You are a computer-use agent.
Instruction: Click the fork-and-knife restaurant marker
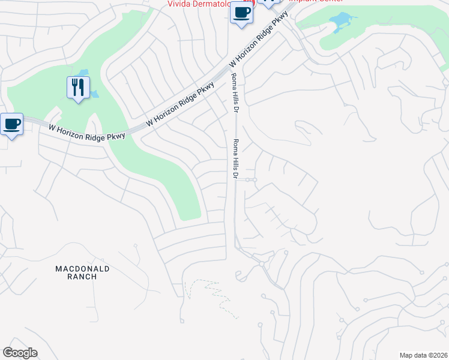[x=78, y=88]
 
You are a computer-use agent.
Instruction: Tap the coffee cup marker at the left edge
[x=12, y=124]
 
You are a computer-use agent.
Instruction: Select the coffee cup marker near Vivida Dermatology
[x=241, y=13]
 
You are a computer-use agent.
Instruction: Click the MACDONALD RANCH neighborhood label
[x=82, y=272]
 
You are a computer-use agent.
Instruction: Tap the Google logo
[x=20, y=353]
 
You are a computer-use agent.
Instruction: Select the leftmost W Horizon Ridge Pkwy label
[x=86, y=132]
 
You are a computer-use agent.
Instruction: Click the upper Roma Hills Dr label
[x=234, y=93]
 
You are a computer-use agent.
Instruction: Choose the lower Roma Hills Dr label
[x=235, y=158]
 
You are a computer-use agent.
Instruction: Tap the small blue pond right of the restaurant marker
[x=94, y=94]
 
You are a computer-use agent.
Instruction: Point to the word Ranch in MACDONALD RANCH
[x=82, y=277]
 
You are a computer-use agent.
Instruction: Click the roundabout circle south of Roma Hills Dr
[x=262, y=263]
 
